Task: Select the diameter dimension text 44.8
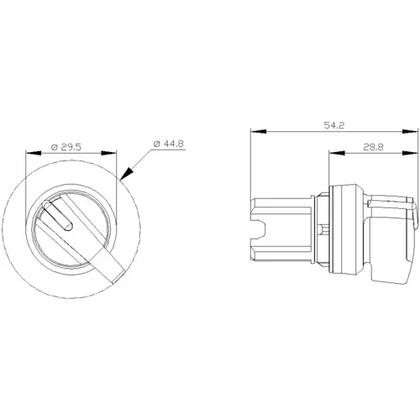pyautogui.click(x=173, y=144)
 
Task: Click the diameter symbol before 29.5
pyautogui.click(x=53, y=148)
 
